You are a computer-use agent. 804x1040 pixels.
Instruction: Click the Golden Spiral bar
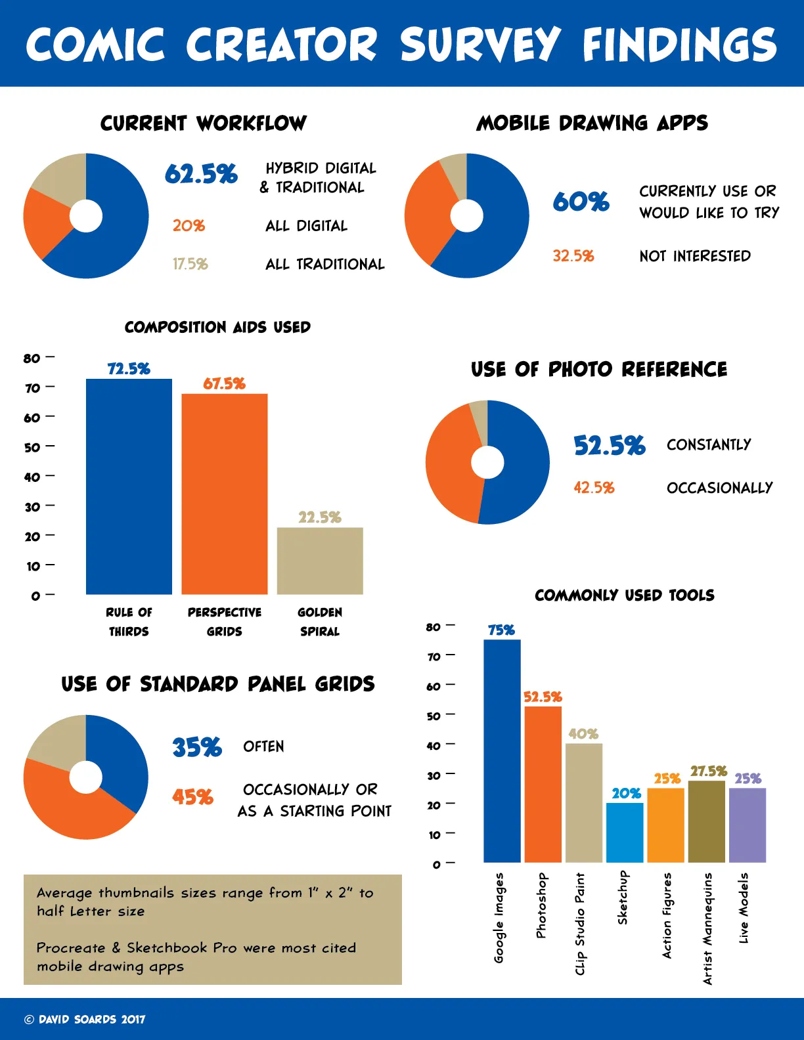click(320, 561)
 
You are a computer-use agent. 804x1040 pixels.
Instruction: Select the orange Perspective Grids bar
click(225, 494)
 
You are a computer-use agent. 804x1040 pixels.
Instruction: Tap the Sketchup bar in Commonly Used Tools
click(624, 832)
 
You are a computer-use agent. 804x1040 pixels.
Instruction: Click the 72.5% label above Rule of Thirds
click(129, 369)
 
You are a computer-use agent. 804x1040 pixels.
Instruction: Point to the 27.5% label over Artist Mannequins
click(708, 771)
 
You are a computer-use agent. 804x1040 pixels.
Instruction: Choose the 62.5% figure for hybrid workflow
click(201, 174)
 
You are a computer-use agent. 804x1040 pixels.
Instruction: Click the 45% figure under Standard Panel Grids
click(192, 797)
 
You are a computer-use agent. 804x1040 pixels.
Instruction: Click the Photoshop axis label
click(541, 905)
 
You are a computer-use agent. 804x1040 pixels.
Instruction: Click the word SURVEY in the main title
click(480, 45)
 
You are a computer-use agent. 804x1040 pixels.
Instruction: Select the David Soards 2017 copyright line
click(85, 1019)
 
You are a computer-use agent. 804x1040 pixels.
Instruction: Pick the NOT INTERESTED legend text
click(695, 256)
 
